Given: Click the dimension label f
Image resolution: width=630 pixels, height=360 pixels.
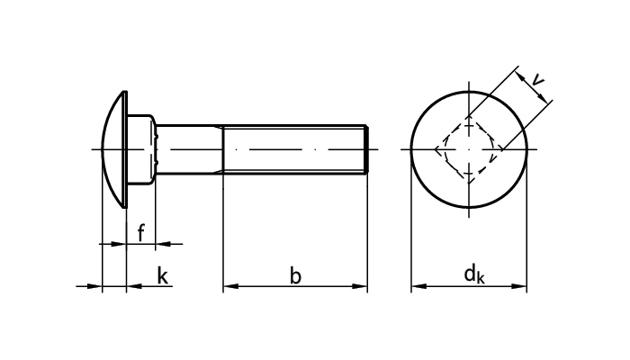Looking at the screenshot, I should pos(141,233).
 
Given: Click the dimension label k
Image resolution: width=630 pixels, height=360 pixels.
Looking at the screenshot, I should pos(162,276).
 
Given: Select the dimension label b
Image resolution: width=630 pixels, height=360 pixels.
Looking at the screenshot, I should pos(295,276).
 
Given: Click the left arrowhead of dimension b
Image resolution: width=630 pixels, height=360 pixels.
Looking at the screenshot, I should pos(229,287).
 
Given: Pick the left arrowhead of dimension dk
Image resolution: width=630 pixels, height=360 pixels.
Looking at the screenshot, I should pos(418,287).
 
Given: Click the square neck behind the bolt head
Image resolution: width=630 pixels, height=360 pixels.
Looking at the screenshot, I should pos(144,148).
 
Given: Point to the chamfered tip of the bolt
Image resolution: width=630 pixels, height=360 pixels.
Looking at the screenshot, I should pos(366,148).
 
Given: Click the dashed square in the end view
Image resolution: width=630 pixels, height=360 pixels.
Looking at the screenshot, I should pos(469,148).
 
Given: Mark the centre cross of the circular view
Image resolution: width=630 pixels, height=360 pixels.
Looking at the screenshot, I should pos(469,148).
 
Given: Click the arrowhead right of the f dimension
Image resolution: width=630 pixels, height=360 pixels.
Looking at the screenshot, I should pos(162,243).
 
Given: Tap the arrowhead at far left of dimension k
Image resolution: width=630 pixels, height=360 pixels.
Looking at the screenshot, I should pos(95,287).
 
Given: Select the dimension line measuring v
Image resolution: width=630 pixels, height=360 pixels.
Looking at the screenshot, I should pos(535,94).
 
